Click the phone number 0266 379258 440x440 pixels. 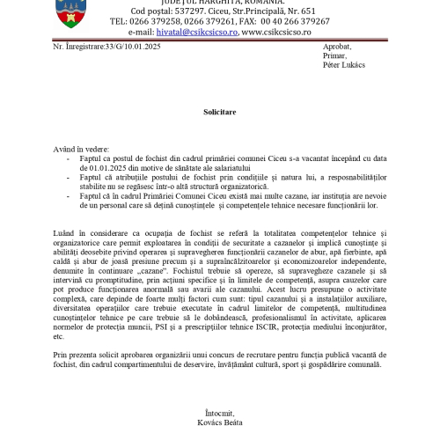coord(158,20)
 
